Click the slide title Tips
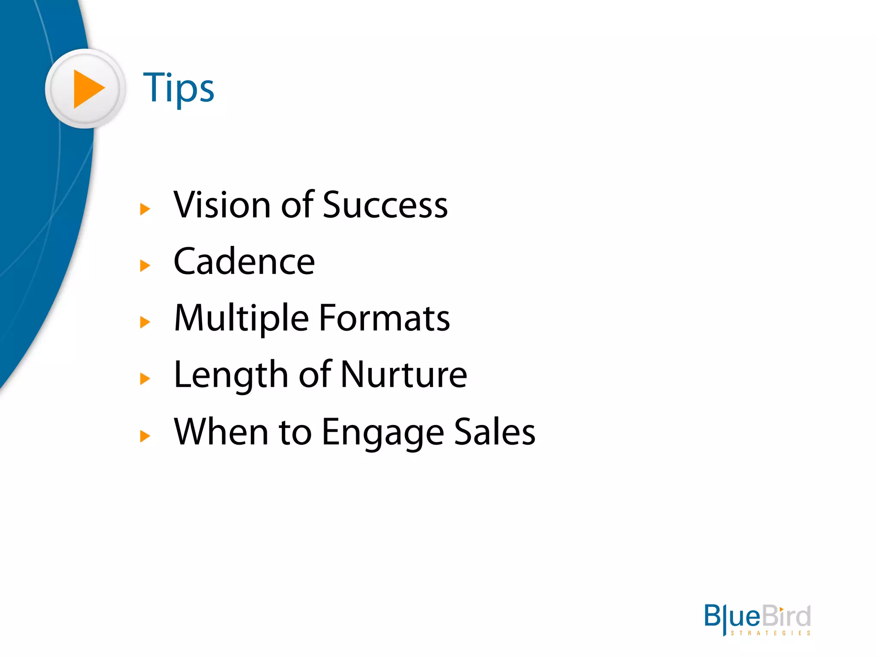click(x=178, y=88)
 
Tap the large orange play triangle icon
click(x=88, y=89)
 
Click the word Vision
click(x=221, y=205)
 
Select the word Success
click(x=385, y=205)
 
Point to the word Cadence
click(x=244, y=262)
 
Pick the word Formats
click(x=385, y=318)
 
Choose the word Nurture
click(x=404, y=375)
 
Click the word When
click(x=221, y=432)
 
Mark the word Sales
click(x=495, y=432)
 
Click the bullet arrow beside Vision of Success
click(x=145, y=209)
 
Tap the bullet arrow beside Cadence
click(x=145, y=266)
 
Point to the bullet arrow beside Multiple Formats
click(x=145, y=322)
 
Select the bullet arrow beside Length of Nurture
click(x=145, y=379)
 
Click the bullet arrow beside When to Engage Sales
click(x=145, y=436)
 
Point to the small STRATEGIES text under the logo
click(x=770, y=633)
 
